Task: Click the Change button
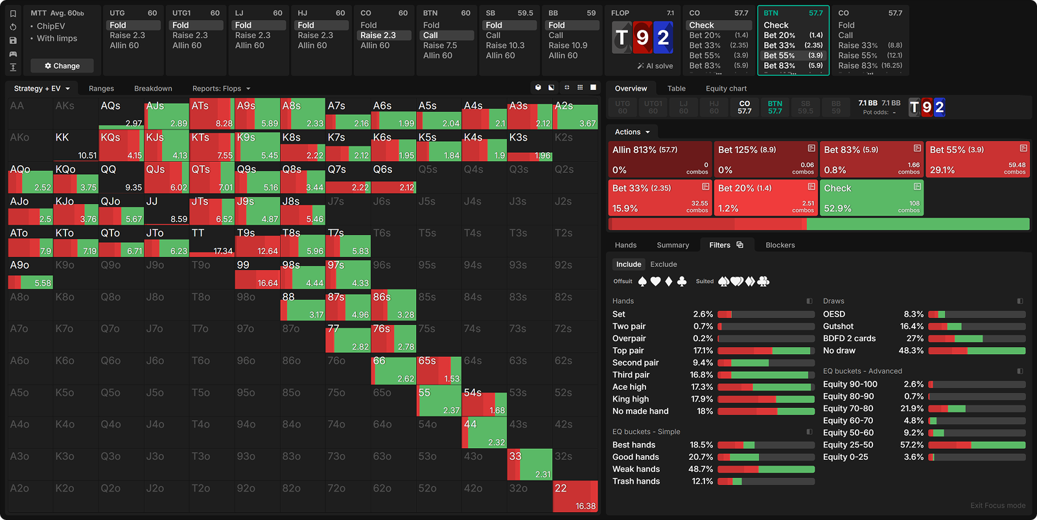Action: (x=62, y=66)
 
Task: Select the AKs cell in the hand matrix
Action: (x=76, y=113)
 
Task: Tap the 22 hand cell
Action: (x=575, y=497)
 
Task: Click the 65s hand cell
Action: (x=439, y=370)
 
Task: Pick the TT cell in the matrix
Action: (x=212, y=241)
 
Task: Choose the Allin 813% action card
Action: (x=660, y=159)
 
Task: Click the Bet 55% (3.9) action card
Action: (x=977, y=159)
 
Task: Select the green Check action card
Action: (x=872, y=198)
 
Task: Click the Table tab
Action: (x=676, y=89)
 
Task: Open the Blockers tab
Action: (x=780, y=245)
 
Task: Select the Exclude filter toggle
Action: (x=663, y=264)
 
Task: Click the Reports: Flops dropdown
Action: (x=221, y=89)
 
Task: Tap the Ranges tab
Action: (x=101, y=89)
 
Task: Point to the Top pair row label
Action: (x=628, y=350)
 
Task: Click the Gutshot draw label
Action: (x=838, y=326)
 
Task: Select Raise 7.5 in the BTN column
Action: (x=440, y=45)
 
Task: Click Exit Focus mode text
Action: (x=997, y=506)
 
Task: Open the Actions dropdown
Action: (x=632, y=132)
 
